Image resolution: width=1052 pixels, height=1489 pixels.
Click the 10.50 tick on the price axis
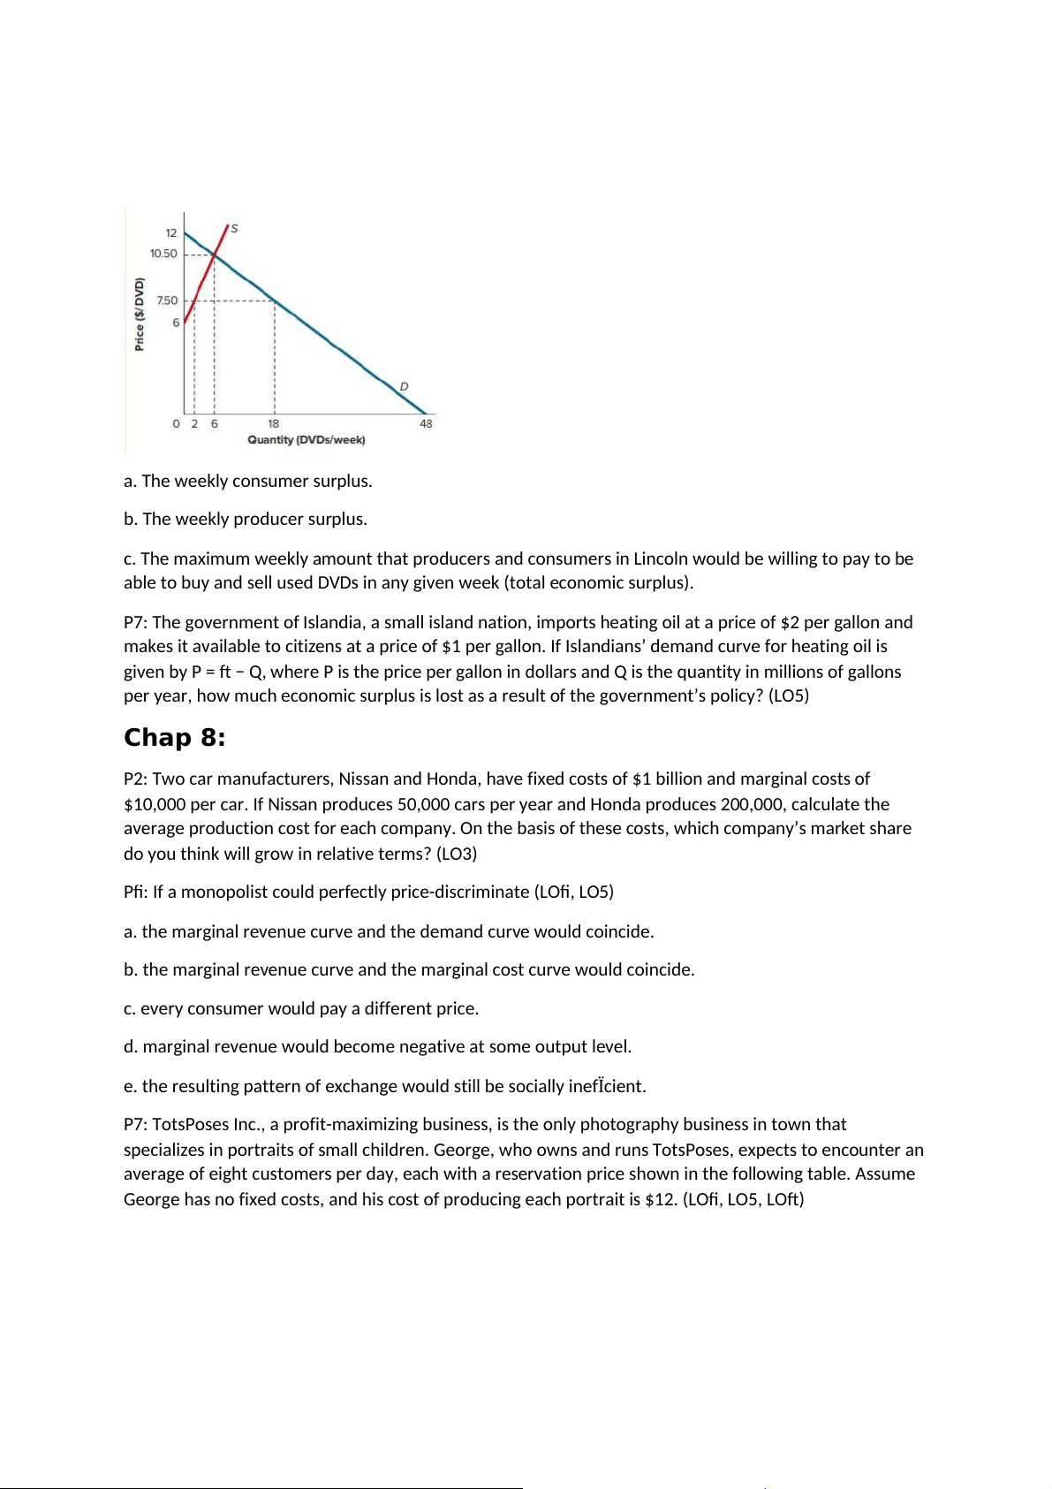[163, 254]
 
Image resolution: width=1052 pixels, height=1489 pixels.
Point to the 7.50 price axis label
[167, 300]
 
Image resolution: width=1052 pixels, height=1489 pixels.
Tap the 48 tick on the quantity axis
[426, 424]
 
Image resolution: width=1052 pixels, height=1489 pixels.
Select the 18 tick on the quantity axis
[274, 424]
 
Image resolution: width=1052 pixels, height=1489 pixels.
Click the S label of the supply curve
[234, 229]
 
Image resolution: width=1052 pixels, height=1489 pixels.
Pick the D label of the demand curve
[404, 386]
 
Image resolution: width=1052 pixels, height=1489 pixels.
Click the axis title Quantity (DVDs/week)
[306, 440]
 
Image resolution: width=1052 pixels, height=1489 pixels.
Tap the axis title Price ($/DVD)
[140, 314]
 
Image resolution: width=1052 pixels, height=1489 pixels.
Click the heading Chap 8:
[174, 738]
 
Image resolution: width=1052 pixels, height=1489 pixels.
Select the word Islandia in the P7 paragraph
[333, 622]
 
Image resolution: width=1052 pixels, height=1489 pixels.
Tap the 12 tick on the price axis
[171, 233]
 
